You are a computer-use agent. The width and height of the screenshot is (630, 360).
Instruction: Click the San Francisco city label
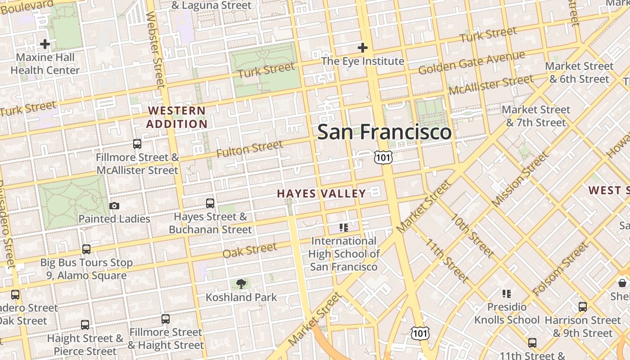(384, 132)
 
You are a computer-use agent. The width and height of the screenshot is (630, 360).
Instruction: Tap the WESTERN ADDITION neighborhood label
(177, 117)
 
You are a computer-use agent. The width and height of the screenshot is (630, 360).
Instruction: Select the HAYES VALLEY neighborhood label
(321, 193)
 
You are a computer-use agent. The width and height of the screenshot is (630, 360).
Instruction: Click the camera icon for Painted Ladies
(114, 206)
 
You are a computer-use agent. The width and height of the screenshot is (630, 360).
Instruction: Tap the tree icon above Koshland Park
(242, 283)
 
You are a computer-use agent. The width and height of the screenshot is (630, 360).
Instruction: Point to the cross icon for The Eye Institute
(362, 47)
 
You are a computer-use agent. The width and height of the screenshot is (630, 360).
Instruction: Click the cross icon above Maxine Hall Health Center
(45, 44)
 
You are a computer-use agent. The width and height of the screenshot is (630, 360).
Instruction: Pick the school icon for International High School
(344, 228)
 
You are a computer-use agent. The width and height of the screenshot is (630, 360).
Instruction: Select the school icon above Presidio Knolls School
(507, 294)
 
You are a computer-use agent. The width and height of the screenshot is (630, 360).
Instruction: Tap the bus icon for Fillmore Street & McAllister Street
(137, 144)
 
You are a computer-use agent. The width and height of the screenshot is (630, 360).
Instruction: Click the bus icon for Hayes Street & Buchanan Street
(210, 203)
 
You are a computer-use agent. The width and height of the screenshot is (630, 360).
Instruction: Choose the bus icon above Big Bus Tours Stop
(86, 249)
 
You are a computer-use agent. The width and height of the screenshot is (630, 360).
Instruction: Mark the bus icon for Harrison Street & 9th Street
(583, 307)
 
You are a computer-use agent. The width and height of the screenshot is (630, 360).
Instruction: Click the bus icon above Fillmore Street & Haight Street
(166, 319)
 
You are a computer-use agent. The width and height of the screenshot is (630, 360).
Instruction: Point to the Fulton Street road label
(250, 149)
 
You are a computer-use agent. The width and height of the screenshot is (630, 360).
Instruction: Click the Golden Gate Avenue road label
(472, 63)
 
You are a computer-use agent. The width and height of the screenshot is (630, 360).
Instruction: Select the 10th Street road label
(473, 235)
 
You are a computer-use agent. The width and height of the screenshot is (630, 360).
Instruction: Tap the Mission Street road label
(520, 179)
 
